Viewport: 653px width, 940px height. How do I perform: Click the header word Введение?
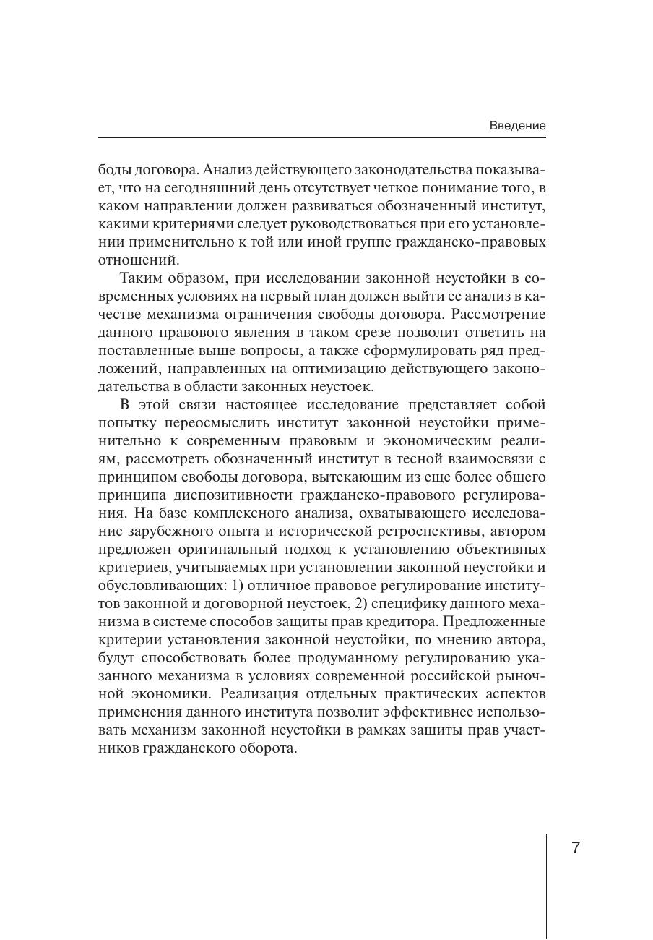[x=517, y=125]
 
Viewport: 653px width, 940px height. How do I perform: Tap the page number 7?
[x=576, y=847]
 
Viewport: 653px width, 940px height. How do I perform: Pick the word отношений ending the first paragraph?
[x=137, y=260]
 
